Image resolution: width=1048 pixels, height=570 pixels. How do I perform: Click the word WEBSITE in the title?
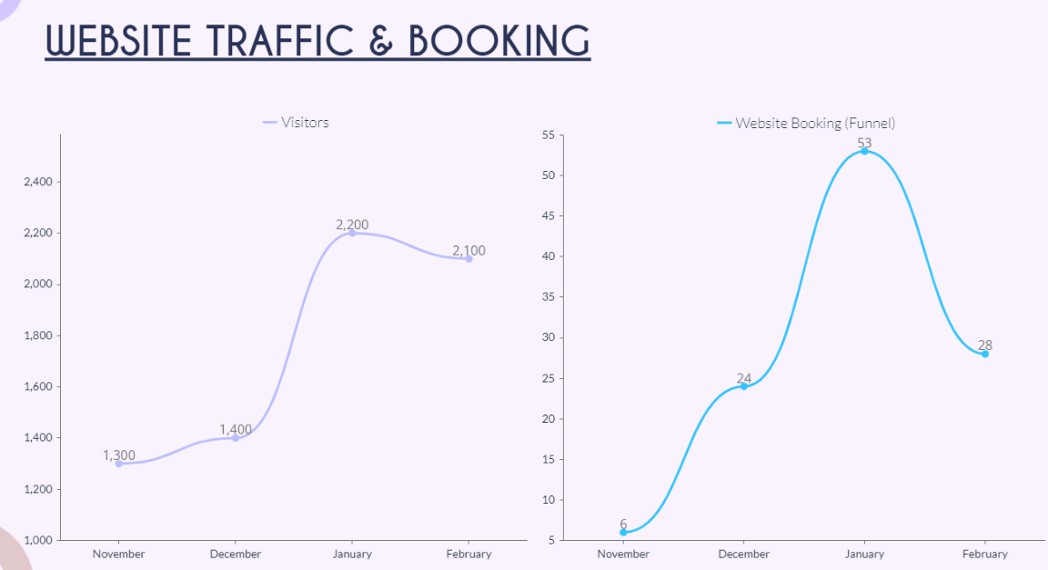[119, 40]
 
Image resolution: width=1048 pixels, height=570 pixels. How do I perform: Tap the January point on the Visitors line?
[352, 233]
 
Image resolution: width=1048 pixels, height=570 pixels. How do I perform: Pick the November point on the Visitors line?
[118, 464]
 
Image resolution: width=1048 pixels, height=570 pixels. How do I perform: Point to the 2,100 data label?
[469, 250]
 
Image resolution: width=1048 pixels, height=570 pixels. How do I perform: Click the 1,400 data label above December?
[235, 429]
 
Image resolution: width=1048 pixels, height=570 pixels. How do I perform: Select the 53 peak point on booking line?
[864, 151]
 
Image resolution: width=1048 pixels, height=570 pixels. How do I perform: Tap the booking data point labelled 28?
[984, 354]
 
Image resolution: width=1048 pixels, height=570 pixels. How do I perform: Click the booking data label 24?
[743, 378]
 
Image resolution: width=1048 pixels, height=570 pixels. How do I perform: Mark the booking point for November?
[623, 533]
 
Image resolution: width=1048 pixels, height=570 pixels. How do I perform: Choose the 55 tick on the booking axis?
[548, 135]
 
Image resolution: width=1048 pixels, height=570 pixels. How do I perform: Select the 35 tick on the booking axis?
[548, 296]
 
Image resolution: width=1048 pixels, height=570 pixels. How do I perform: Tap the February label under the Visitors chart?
[469, 554]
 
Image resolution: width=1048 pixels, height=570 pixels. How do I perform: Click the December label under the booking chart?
[743, 554]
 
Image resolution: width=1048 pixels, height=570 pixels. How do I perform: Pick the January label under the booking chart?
[864, 554]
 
